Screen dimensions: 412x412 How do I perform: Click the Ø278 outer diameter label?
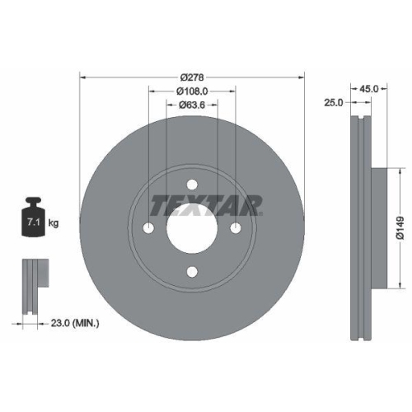[191, 68]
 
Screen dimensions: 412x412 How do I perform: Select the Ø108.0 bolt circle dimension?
[191, 91]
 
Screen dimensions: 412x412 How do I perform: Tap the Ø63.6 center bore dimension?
[191, 105]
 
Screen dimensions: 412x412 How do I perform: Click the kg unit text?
[54, 222]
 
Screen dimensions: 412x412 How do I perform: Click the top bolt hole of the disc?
[191, 185]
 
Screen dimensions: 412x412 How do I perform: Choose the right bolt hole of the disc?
[236, 229]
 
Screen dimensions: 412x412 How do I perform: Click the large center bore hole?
[191, 229]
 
